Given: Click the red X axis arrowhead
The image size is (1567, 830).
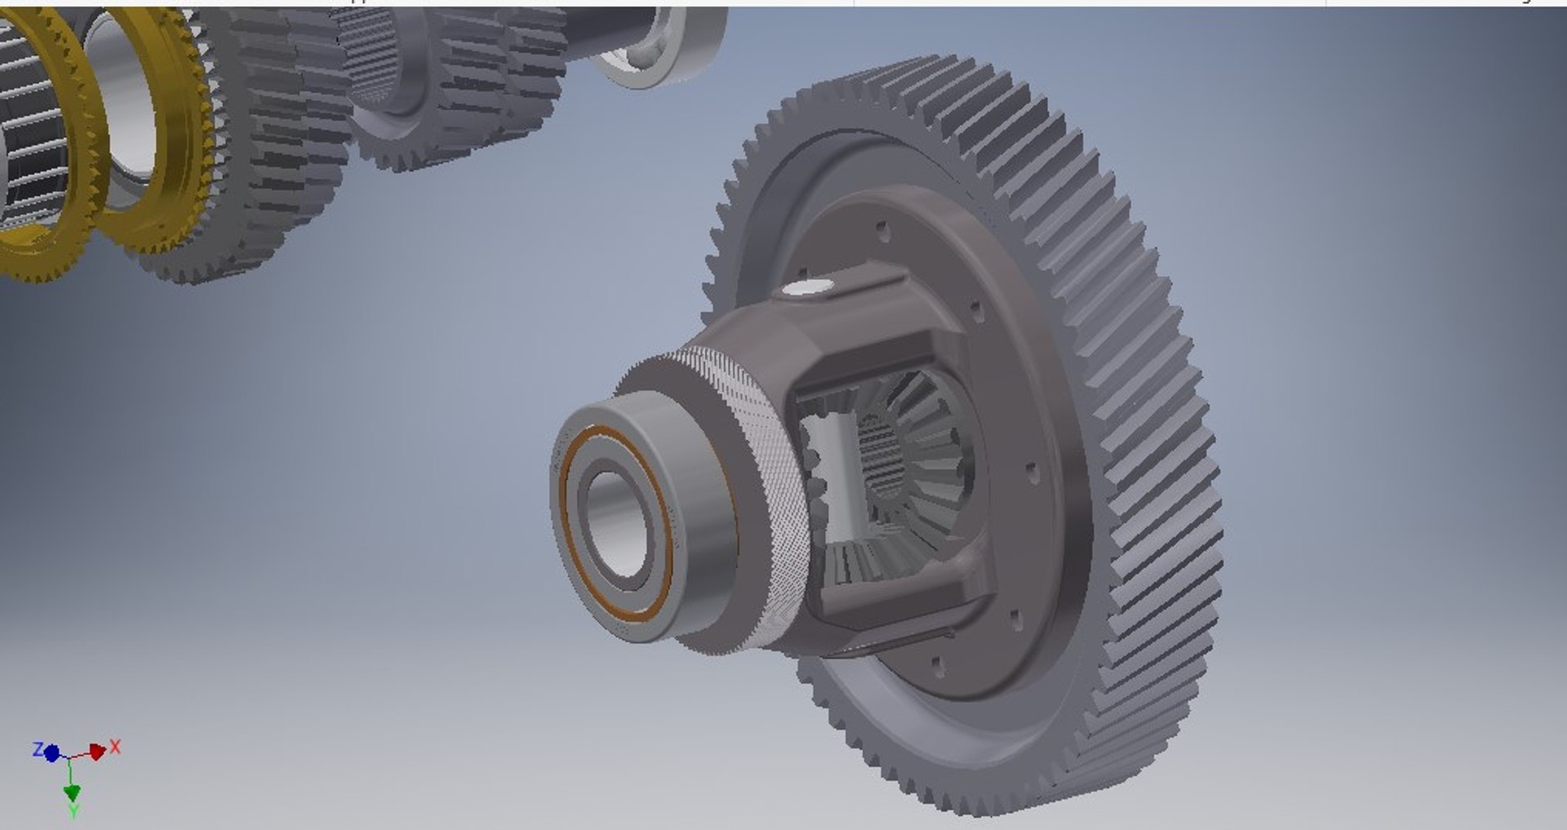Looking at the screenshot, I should (97, 752).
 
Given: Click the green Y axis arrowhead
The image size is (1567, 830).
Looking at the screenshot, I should (72, 792).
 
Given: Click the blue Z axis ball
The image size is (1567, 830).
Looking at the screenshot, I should (51, 753).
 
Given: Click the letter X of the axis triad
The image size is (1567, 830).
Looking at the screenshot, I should (115, 747).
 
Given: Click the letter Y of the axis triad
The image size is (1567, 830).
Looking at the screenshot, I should (73, 811).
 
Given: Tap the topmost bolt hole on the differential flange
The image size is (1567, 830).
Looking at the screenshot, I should (881, 228).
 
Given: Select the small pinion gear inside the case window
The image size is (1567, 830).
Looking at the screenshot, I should (816, 473).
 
